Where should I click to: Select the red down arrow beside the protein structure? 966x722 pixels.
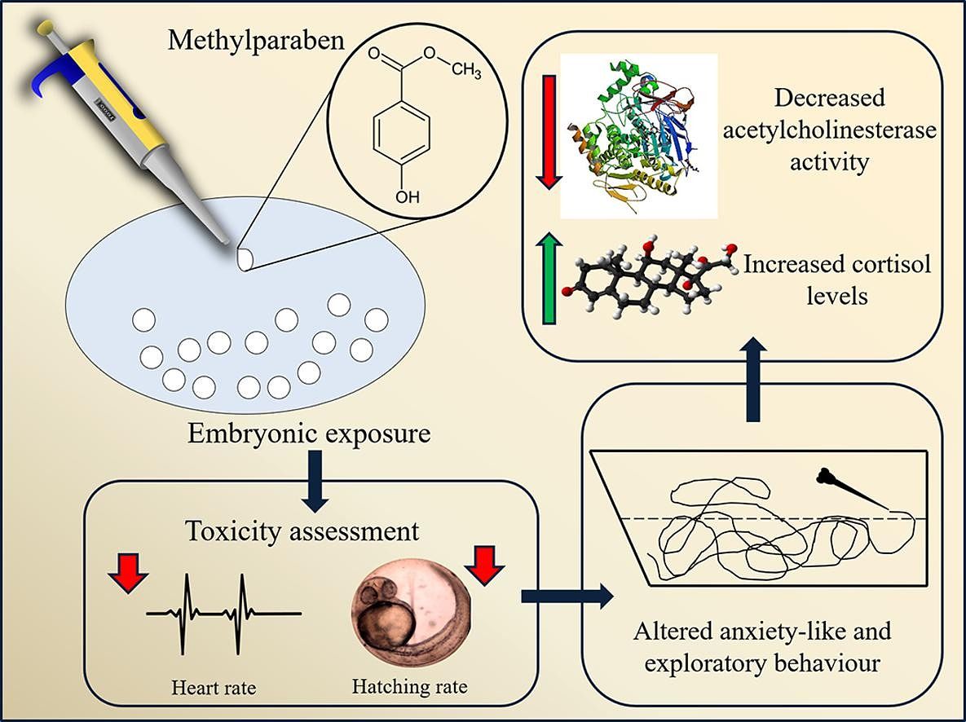pyautogui.click(x=548, y=131)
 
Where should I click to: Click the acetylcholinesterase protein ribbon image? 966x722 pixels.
pyautogui.click(x=639, y=135)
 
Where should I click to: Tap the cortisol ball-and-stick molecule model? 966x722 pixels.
pyautogui.click(x=652, y=281)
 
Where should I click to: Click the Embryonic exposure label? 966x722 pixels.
pyautogui.click(x=309, y=432)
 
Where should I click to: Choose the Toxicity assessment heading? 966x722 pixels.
pyautogui.click(x=302, y=532)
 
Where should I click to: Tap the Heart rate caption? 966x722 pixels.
pyautogui.click(x=214, y=687)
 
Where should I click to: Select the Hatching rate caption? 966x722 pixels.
pyautogui.click(x=410, y=686)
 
